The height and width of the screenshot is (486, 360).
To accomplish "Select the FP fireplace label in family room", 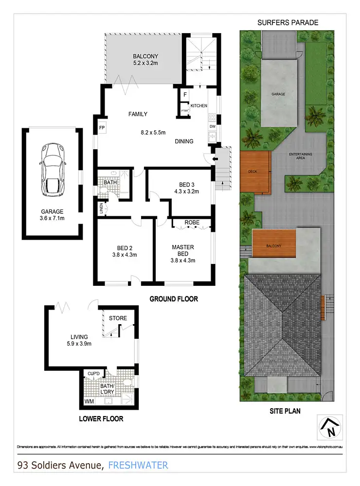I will (x=102, y=128).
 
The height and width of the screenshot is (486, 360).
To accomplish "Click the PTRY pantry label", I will (x=184, y=110).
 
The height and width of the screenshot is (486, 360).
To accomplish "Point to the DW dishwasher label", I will (x=212, y=127).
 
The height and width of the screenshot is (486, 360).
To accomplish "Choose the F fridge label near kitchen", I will (x=185, y=94).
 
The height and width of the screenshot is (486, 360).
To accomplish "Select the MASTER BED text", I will (x=183, y=250).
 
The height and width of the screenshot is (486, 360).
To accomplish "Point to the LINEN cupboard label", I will (x=102, y=208).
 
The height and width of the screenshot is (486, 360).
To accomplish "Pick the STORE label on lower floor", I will (x=118, y=318).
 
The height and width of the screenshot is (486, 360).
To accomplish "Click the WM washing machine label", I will (x=89, y=402).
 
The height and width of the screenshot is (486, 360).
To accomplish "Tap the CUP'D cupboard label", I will (x=93, y=373).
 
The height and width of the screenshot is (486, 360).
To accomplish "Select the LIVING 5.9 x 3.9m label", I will (x=79, y=340).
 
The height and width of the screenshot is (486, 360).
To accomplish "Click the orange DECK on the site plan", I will (x=255, y=172).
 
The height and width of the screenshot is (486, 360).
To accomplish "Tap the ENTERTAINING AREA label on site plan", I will (x=301, y=156).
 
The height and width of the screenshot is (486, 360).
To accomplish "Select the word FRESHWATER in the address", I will (x=138, y=465).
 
